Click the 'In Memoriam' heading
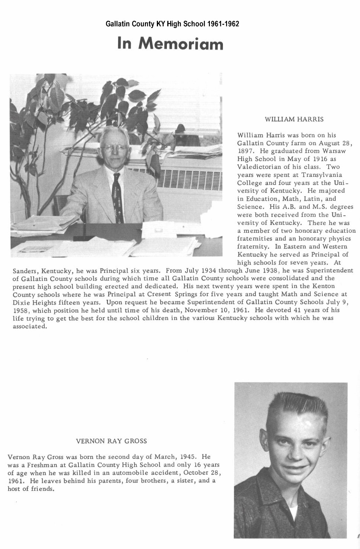(170, 43)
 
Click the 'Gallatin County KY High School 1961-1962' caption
(172, 24)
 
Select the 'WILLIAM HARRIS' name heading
(294, 119)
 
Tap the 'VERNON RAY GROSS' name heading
(111, 441)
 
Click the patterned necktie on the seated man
(117, 198)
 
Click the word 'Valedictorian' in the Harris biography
(256, 167)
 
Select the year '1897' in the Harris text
(245, 151)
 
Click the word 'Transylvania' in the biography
(322, 175)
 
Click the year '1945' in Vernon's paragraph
(188, 457)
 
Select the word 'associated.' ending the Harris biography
(30, 326)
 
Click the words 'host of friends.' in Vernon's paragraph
(31, 489)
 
